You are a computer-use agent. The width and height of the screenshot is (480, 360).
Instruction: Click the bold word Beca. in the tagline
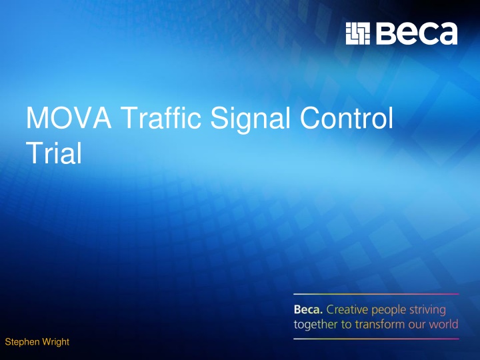pos(307,310)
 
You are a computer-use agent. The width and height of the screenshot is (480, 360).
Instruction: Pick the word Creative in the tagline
pos(347,310)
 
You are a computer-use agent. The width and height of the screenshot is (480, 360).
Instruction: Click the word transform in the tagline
pos(380,325)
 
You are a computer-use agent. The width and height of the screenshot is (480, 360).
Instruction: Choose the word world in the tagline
pos(443,325)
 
